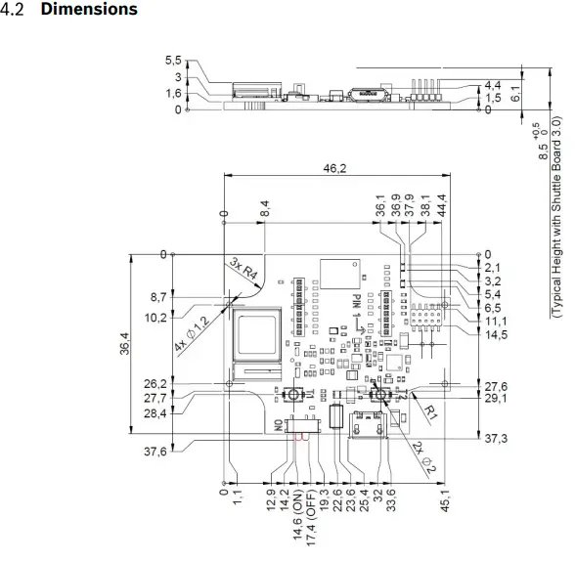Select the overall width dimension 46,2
click(337, 169)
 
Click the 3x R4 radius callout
click(244, 271)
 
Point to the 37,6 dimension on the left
click(155, 452)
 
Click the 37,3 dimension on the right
click(496, 439)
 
